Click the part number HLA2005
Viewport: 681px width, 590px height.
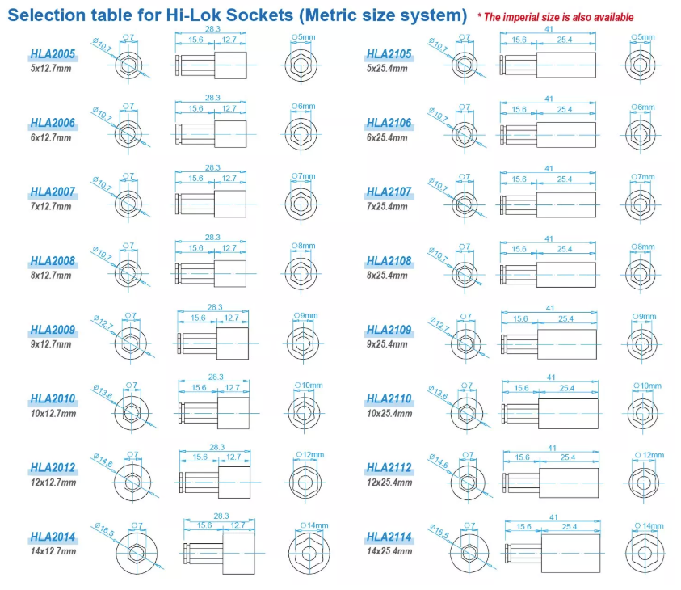53,54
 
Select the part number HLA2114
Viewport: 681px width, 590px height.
389,537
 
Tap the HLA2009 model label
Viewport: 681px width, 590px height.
53,330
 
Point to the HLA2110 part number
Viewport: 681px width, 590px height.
389,399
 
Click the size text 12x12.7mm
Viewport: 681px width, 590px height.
53,483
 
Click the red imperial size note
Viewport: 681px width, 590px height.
555,17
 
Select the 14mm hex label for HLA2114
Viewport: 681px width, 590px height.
649,526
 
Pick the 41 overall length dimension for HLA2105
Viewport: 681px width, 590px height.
549,29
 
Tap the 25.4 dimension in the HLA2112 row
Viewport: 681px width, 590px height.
568,457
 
